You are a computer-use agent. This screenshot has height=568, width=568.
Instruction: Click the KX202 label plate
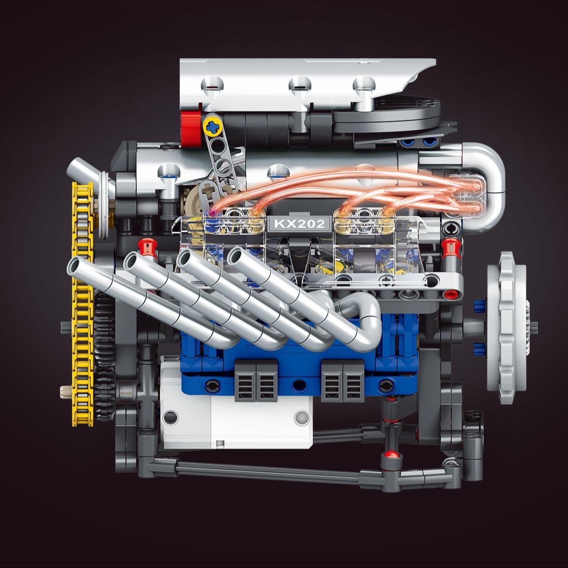tap(299, 224)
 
